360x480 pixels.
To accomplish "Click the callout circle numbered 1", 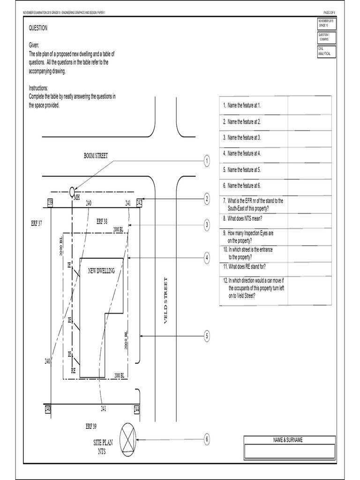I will (x=207, y=161).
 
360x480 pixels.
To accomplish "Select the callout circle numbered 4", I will (x=207, y=257).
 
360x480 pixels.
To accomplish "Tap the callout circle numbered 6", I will (x=207, y=439).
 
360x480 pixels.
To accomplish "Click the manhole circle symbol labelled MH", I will (x=72, y=191).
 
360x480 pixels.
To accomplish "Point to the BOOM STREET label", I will (x=96, y=156).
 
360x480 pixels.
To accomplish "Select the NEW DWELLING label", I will (x=101, y=271).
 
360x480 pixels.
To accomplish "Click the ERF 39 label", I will (x=91, y=426).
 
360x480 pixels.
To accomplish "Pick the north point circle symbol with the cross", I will (x=127, y=440).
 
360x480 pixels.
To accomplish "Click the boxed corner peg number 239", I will (x=50, y=202).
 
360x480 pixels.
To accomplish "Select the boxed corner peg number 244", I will (x=136, y=409).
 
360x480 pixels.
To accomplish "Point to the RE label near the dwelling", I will (x=73, y=370).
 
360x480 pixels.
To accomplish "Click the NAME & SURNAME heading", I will (x=288, y=440).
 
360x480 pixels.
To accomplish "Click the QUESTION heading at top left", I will (x=38, y=28).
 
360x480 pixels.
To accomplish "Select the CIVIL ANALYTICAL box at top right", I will (x=324, y=51).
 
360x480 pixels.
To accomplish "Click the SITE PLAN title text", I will (x=103, y=442).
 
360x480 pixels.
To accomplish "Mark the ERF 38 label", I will (x=102, y=221).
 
